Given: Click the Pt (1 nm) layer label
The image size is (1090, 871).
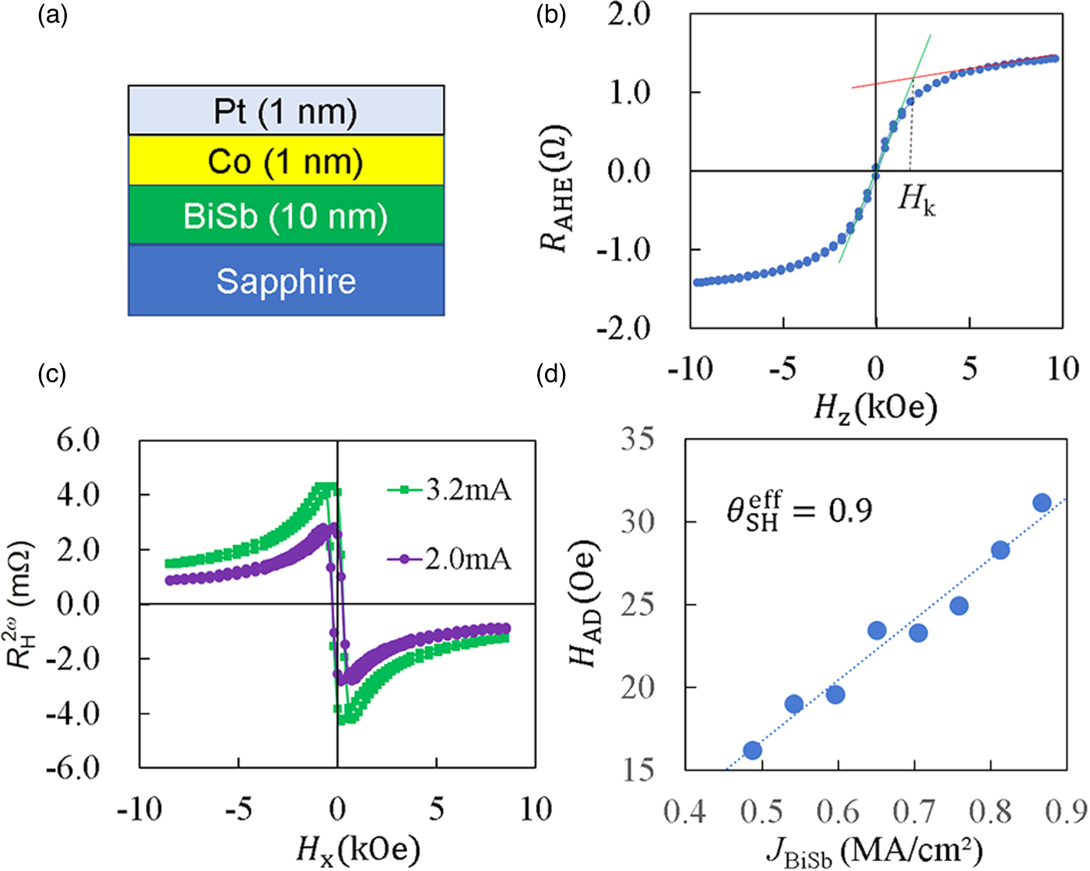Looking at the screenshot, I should pos(286,112).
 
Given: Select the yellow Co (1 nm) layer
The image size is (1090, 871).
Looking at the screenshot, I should pos(286,162).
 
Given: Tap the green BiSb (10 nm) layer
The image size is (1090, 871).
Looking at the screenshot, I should pos(286,216).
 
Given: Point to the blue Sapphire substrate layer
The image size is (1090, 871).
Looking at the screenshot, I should pos(286,281).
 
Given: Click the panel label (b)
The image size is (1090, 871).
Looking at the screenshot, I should pos(550,16).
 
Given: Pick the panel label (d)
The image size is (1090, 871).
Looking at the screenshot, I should pos(550,374).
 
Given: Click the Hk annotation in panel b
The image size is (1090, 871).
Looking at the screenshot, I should pos(916,200).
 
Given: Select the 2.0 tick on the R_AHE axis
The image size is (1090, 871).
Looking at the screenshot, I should pos(629,14).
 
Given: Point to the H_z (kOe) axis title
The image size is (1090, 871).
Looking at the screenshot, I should pos(875,406).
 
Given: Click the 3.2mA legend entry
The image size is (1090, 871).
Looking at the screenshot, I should pos(450,490).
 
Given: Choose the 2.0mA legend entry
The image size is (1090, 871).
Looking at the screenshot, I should pos(450,559).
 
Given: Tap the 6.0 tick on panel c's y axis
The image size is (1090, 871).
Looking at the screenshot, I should pos(78,440).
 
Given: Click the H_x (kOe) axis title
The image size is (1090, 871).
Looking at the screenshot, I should pos(357,848).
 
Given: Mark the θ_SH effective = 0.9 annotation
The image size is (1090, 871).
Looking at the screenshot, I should pos(799,511).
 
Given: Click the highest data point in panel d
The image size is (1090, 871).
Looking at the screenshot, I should pos(1042,503).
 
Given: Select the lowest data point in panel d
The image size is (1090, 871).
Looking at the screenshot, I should pos(752,750).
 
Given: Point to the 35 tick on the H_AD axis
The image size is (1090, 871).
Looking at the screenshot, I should pos(638,440).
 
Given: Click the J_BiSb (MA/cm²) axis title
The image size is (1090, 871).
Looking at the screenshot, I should pos(874,850).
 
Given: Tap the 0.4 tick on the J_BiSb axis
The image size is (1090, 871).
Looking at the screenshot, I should pos(684,812).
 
